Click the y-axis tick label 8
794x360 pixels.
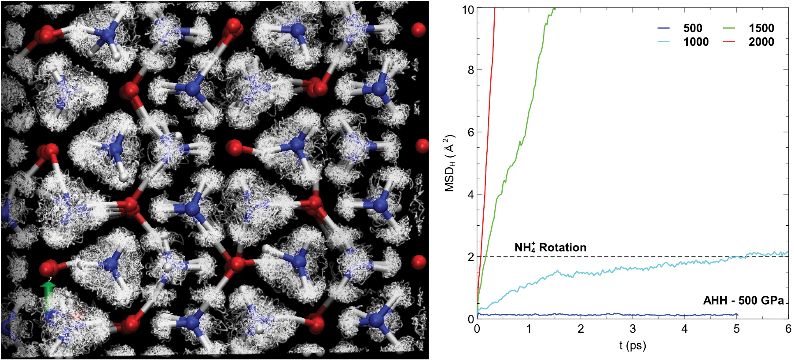pos(471,70)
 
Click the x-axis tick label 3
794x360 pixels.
pos(632,329)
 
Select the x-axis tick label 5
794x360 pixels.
pos(736,329)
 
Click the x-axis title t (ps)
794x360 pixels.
pos(632,345)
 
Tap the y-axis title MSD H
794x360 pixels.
pos(449,163)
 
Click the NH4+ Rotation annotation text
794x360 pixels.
pos(550,247)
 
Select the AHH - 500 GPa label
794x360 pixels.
pos(743,301)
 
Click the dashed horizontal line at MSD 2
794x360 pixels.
pos(616,257)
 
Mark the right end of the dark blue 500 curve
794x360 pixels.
pos(737,315)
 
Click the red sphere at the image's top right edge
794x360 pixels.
pos(418,30)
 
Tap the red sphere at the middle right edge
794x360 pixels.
pos(422,146)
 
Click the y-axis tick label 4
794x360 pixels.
pos(471,195)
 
